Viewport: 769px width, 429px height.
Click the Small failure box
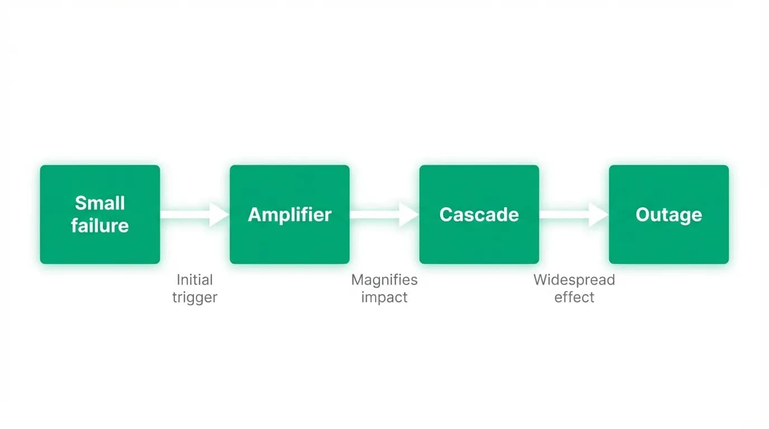coord(100,214)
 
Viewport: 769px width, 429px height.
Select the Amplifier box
coord(289,214)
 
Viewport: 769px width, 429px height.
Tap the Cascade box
coord(480,214)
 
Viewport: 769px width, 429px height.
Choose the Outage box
coord(669,214)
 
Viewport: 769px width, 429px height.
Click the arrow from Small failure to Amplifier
coord(194,214)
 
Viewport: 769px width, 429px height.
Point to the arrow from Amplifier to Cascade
coord(385,214)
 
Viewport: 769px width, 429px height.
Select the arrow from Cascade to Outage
coord(574,214)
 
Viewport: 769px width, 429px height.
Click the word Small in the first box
coord(100,203)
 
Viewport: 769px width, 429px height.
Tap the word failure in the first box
coord(100,226)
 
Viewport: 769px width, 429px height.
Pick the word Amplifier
coord(289,215)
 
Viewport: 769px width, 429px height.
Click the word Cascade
coord(480,214)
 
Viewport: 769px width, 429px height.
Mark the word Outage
coord(669,215)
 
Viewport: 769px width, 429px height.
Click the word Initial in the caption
coord(194,280)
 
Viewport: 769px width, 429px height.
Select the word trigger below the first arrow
coord(194,297)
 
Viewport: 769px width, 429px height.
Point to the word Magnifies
coord(385,280)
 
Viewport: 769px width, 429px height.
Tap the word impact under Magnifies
coord(385,297)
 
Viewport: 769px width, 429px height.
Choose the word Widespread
coord(574,280)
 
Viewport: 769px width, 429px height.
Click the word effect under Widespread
coord(574,297)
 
